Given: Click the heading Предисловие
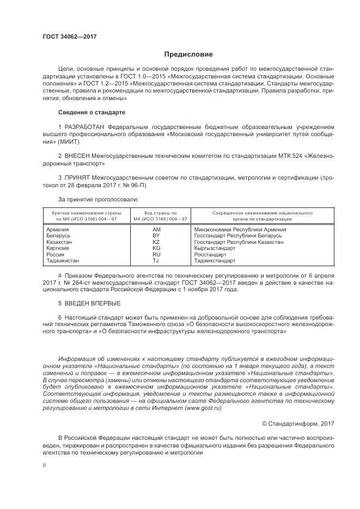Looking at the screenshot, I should (x=189, y=54).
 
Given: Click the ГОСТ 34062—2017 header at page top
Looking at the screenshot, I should (x=69, y=36).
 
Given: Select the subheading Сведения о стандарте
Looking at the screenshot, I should (x=91, y=112).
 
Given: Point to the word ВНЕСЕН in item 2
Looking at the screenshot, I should (x=79, y=156).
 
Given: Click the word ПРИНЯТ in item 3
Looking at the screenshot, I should (x=78, y=177).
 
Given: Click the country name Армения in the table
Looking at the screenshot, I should (x=58, y=230).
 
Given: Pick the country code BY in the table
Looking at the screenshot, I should (x=156, y=236).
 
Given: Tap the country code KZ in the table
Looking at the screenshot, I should (x=156, y=242).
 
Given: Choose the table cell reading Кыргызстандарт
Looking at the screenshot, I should (x=215, y=248).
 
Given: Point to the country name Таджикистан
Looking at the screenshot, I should (x=63, y=261).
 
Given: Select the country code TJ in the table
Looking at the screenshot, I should (x=156, y=261).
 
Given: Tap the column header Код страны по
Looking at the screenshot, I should (x=160, y=213).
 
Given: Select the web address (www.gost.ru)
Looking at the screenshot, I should (x=203, y=408).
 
